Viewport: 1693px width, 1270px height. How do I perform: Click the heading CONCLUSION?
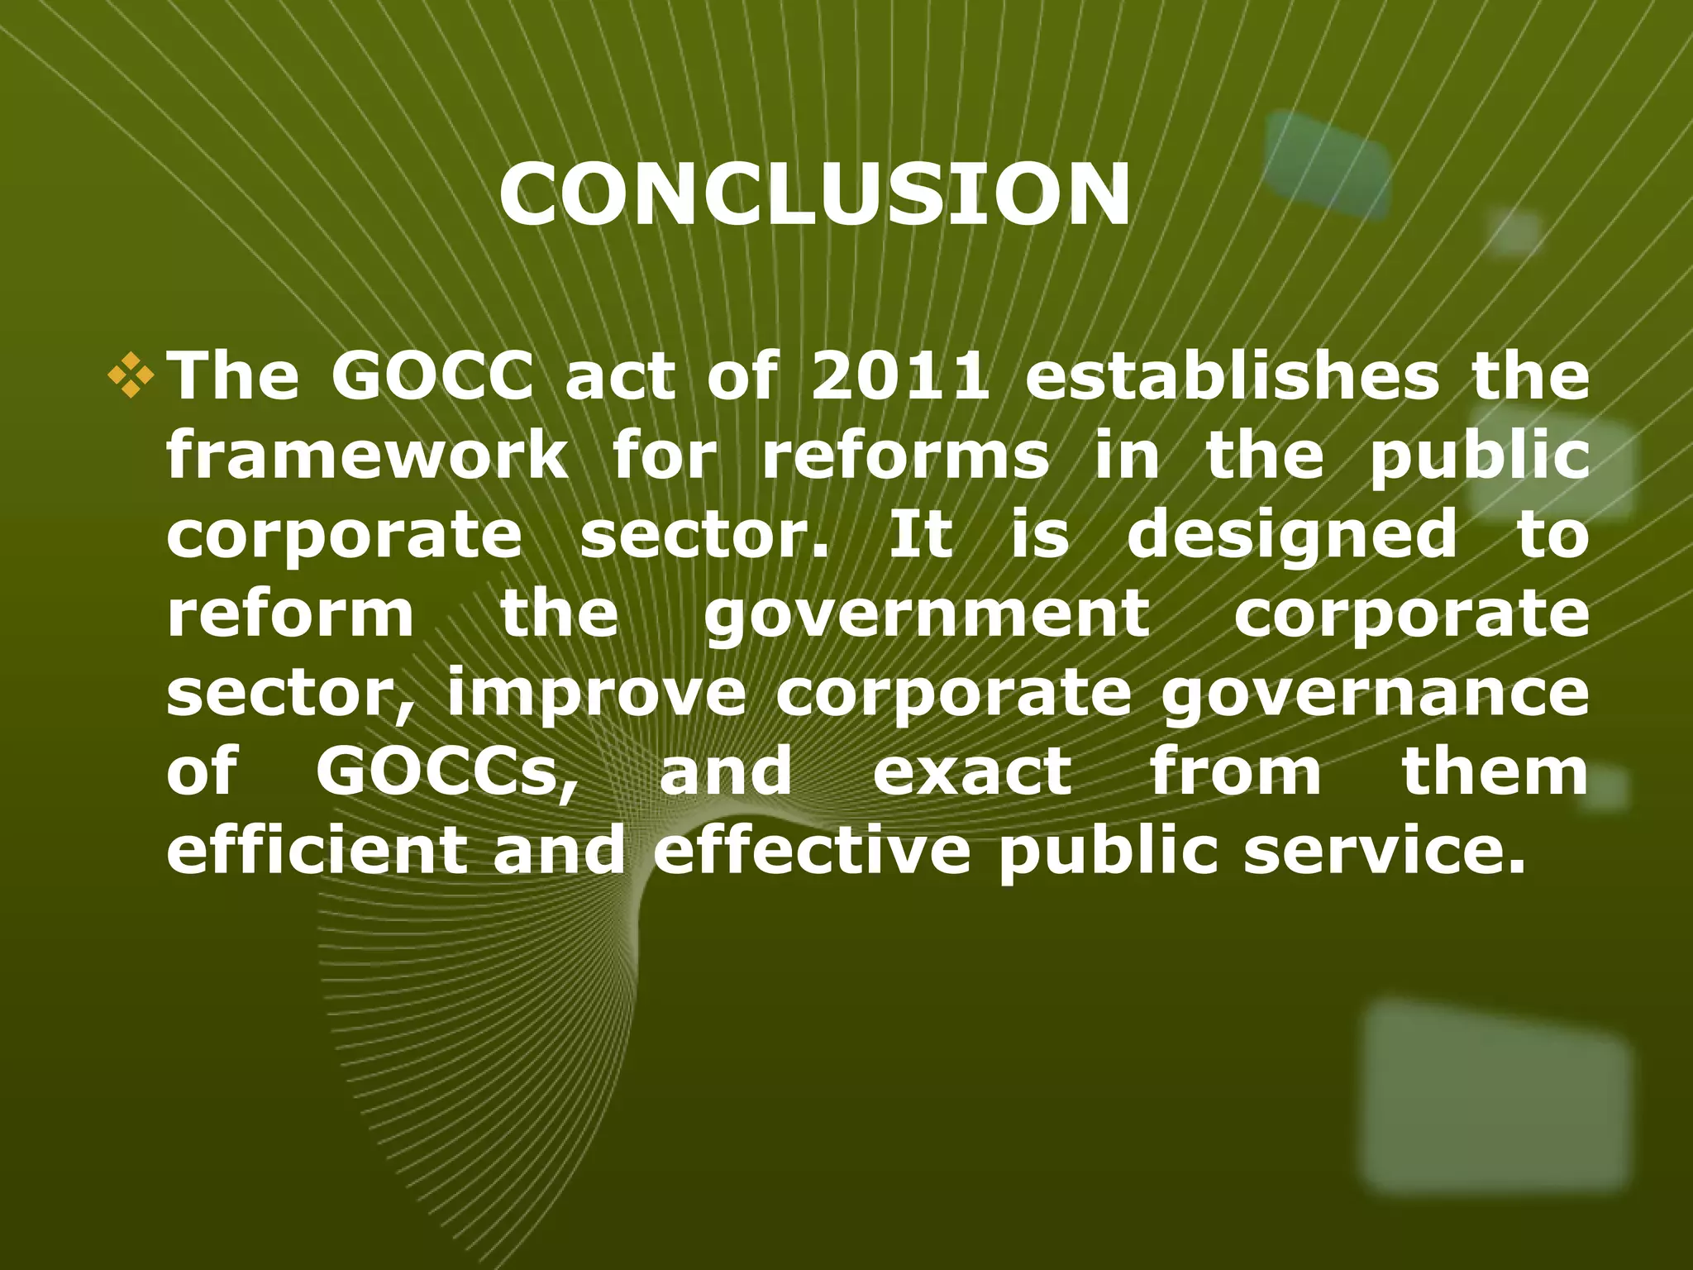(x=814, y=194)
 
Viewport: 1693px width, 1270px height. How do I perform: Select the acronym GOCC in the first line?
(x=432, y=376)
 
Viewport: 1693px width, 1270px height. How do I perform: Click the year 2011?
(x=900, y=376)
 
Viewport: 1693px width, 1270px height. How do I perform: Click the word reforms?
(x=905, y=456)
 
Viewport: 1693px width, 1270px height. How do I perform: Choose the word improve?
(x=597, y=695)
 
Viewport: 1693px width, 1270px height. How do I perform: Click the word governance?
(x=1375, y=695)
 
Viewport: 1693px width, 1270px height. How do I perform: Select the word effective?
(x=812, y=850)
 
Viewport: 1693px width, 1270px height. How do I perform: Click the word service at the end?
(x=1384, y=850)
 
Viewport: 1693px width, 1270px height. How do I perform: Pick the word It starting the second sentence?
(x=920, y=535)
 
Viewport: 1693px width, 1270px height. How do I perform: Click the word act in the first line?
(x=620, y=376)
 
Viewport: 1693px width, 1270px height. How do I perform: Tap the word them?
(x=1495, y=771)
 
